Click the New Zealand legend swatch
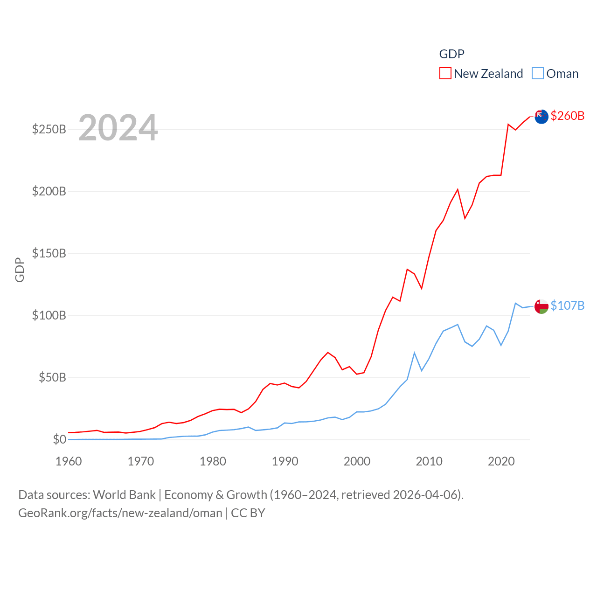[x=445, y=74]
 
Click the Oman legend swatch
[x=538, y=74]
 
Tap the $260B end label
[x=567, y=116]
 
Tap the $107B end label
[x=567, y=305]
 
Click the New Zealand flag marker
[x=541, y=117]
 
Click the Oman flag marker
[x=541, y=306]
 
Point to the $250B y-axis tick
[x=49, y=129]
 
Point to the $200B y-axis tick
[x=49, y=191]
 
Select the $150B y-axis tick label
[x=49, y=253]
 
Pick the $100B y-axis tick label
[x=49, y=315]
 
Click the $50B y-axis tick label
[x=52, y=377]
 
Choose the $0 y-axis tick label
[x=59, y=439]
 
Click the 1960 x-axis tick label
[x=69, y=461]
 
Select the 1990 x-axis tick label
[x=285, y=461]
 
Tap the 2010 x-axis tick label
[x=429, y=461]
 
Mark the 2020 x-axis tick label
[x=501, y=461]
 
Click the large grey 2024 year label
[x=118, y=128]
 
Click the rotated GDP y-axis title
[x=20, y=270]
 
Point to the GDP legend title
[x=451, y=54]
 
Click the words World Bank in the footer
[x=124, y=494]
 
